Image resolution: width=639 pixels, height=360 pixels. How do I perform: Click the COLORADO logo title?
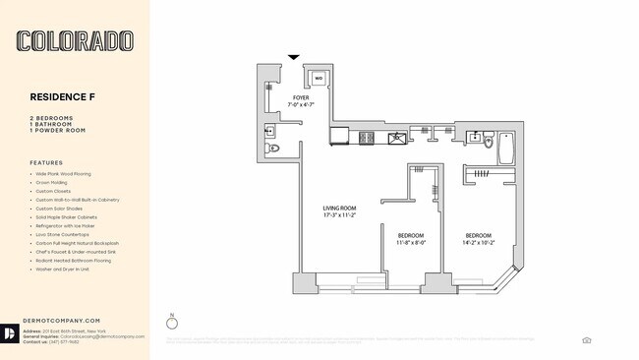(x=75, y=41)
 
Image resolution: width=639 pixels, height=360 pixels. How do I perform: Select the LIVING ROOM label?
(x=340, y=209)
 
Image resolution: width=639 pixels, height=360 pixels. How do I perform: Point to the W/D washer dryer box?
(x=319, y=77)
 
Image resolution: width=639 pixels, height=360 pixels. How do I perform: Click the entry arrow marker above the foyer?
(x=293, y=57)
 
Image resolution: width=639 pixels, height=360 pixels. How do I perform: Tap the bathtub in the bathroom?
(x=507, y=149)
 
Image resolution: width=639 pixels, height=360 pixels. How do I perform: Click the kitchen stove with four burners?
(x=368, y=138)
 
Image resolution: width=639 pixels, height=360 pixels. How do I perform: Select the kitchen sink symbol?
(x=396, y=138)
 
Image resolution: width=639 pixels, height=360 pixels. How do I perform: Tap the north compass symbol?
(x=173, y=324)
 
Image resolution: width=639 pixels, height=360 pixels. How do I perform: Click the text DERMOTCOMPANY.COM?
(x=65, y=320)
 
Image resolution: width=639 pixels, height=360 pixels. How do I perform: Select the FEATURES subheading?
(x=46, y=162)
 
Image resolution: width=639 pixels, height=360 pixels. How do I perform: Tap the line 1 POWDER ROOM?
(x=58, y=131)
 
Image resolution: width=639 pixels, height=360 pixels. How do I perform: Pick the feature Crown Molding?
(x=57, y=182)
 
